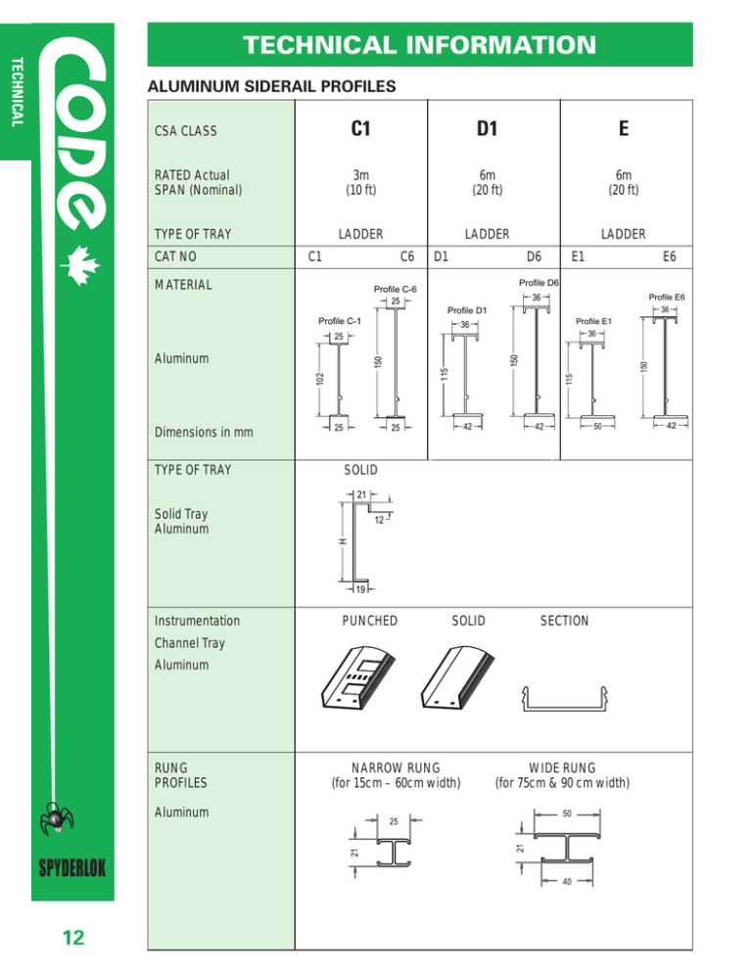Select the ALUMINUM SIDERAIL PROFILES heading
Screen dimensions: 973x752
click(x=270, y=87)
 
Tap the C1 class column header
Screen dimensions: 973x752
click(x=359, y=129)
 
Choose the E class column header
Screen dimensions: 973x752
click(x=623, y=129)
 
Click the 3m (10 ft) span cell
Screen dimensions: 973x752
click(x=359, y=182)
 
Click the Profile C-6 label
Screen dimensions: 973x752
click(x=396, y=289)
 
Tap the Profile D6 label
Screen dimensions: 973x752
click(x=537, y=283)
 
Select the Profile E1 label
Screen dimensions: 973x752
click(x=593, y=320)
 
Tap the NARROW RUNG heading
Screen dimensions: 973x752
click(x=396, y=766)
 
